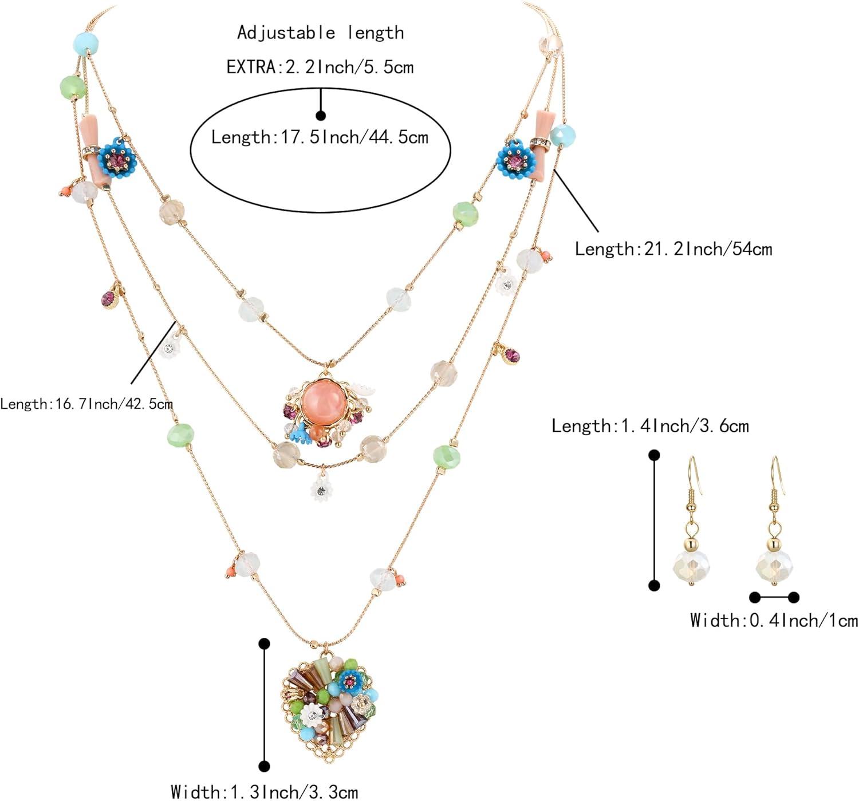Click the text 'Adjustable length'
pos(321,33)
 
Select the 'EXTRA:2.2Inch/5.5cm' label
pos(320,67)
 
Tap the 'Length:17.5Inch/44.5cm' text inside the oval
pos(320,137)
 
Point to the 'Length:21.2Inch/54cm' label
pos(673,249)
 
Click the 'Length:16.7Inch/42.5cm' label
pos(86,404)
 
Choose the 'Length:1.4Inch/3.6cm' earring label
pos(650,426)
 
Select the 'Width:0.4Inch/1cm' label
pos(774,620)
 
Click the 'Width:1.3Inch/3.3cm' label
pos(265,792)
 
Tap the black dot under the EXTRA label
pos(321,115)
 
